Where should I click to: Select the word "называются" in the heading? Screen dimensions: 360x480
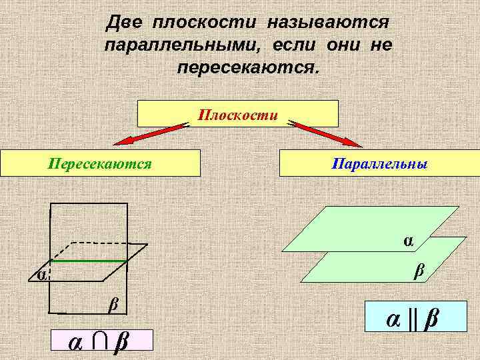pyautogui.click(x=327, y=23)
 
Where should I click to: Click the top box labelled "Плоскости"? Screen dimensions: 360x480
pyautogui.click(x=237, y=113)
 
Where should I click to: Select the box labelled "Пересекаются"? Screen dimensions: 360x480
pyautogui.click(x=100, y=163)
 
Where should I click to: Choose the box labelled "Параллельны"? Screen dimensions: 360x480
pyautogui.click(x=379, y=163)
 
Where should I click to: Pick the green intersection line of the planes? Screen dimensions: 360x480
pyautogui.click(x=89, y=261)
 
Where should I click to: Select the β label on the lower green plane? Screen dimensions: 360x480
pyautogui.click(x=419, y=270)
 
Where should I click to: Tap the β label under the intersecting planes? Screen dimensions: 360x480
pyautogui.click(x=113, y=305)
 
